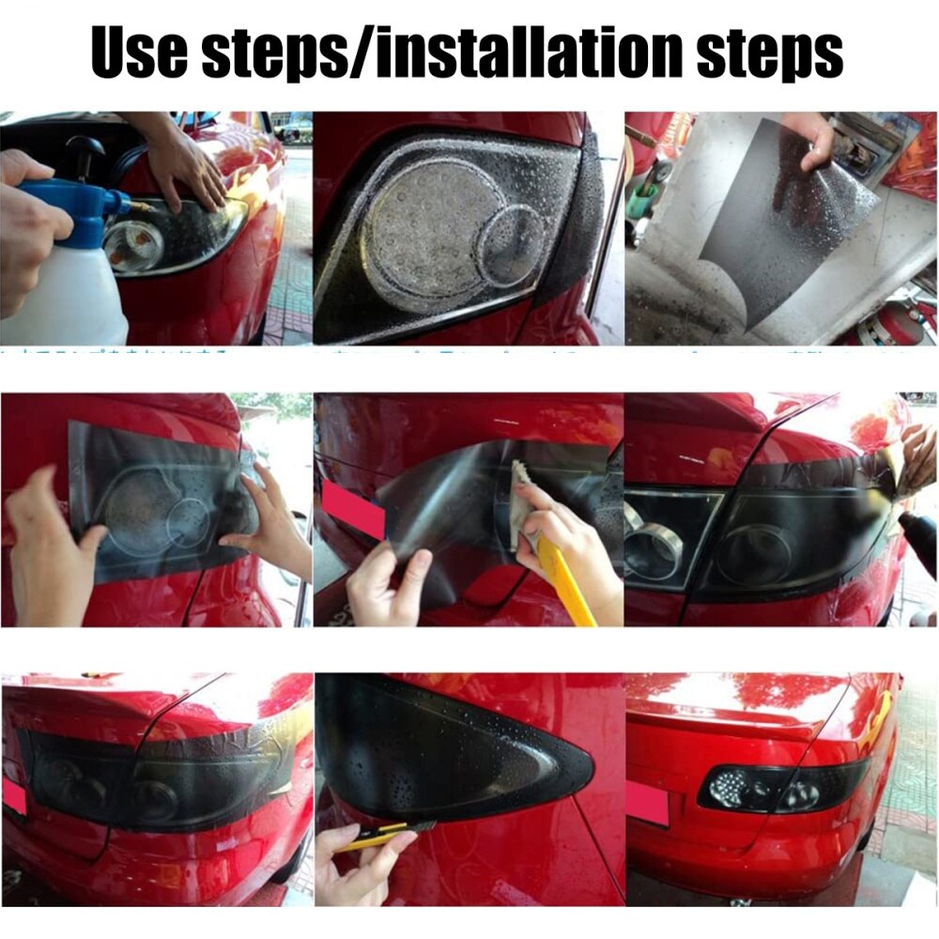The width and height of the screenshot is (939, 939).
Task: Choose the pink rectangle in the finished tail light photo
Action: [647, 804]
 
